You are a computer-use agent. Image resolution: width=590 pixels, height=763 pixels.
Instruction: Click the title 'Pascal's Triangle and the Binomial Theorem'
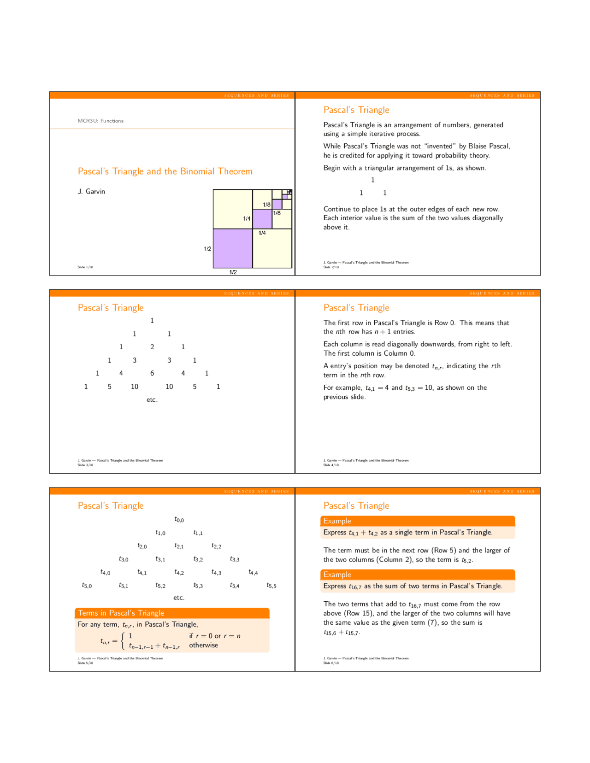(x=165, y=171)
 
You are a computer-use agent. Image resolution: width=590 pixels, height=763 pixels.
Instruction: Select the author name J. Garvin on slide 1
(x=91, y=192)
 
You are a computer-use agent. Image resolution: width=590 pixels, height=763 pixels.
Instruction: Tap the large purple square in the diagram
(x=232, y=248)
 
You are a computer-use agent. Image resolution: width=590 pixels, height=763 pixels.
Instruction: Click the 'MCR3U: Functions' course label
(x=100, y=121)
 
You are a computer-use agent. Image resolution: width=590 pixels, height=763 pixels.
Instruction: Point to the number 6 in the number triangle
(x=152, y=373)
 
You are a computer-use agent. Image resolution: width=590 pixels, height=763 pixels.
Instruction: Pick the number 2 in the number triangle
(x=152, y=347)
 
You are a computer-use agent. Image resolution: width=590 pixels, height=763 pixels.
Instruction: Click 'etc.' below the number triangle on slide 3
(x=152, y=400)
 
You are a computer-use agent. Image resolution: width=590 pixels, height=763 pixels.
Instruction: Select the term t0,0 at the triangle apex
(x=179, y=520)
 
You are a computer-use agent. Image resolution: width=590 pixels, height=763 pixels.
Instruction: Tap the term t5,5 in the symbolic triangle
(x=271, y=586)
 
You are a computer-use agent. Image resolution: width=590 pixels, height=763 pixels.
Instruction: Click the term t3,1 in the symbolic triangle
(x=160, y=559)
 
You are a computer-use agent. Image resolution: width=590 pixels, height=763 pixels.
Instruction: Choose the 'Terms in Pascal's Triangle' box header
(x=121, y=613)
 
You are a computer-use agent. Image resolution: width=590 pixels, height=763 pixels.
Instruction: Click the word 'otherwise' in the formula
(x=203, y=646)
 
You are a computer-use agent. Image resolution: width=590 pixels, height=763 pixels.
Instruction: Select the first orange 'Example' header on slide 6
(x=337, y=521)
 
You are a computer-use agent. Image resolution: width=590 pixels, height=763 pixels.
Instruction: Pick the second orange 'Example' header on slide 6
(x=337, y=575)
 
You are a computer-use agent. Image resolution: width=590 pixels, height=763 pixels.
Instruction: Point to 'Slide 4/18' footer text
(x=331, y=465)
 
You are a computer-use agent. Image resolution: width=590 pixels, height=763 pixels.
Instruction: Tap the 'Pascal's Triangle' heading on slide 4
(x=356, y=308)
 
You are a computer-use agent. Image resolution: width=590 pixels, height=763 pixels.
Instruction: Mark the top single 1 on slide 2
(x=373, y=180)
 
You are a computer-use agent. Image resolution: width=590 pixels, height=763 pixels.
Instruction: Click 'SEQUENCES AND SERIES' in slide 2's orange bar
(x=502, y=95)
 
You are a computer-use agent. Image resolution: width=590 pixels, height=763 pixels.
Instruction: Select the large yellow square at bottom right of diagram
(x=272, y=248)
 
